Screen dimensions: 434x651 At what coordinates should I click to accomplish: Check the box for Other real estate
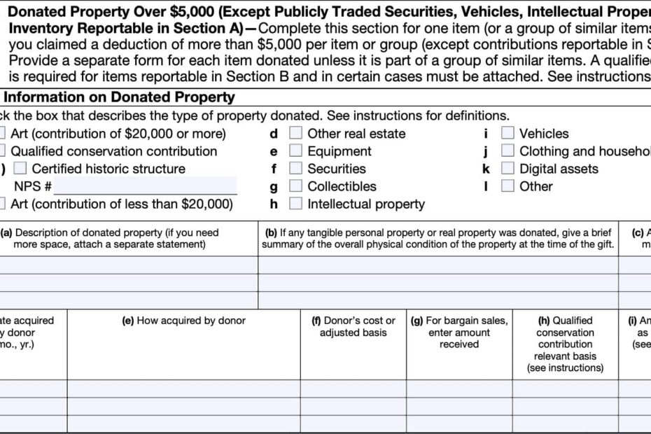click(x=296, y=133)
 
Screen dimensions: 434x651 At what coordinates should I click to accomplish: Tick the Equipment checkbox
click(x=296, y=150)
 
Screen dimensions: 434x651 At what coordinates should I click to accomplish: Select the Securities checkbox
click(x=296, y=168)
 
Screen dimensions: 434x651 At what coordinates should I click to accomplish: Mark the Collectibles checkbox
click(x=296, y=186)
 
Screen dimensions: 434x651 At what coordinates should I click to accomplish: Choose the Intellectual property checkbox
click(x=296, y=204)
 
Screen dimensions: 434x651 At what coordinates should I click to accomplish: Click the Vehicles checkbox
click(x=507, y=133)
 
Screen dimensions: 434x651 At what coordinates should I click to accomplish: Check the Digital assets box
click(x=507, y=168)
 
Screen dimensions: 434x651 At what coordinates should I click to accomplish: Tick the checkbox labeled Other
click(x=507, y=186)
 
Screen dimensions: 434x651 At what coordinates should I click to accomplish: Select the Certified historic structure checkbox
click(x=20, y=168)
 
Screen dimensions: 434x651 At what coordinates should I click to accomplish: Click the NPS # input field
click(x=145, y=186)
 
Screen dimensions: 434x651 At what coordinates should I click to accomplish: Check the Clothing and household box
click(x=507, y=150)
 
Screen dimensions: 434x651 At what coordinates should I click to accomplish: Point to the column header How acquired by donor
click(x=183, y=321)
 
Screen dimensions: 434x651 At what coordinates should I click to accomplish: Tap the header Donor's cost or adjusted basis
click(x=353, y=326)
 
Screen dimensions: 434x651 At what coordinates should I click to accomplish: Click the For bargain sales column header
click(x=458, y=332)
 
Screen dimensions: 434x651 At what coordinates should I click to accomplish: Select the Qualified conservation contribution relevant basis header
click(x=564, y=344)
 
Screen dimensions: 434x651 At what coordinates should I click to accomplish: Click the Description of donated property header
click(x=112, y=238)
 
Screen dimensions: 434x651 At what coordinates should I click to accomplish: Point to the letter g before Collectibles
click(x=274, y=186)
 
